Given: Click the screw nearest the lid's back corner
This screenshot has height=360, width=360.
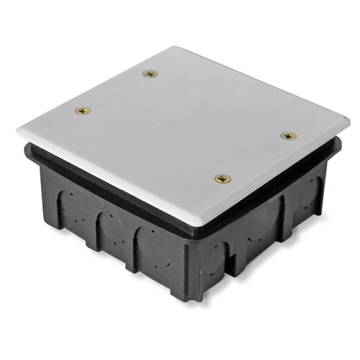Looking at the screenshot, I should coord(150,73).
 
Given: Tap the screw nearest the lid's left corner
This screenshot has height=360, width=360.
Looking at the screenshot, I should coord(83,111).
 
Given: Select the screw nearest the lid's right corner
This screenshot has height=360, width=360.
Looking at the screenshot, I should coord(288,135).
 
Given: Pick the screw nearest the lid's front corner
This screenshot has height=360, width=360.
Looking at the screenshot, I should coord(223,178).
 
